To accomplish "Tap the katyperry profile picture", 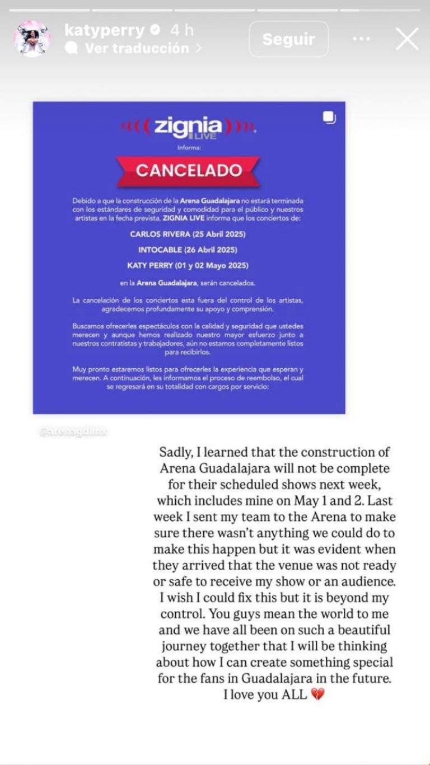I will (x=32, y=39).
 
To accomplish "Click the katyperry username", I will (x=104, y=30).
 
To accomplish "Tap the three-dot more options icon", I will (x=361, y=39).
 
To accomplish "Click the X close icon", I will (x=407, y=39).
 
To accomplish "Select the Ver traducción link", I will (x=137, y=49).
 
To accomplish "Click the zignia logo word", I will (x=188, y=126).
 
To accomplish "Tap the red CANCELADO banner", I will (x=189, y=170).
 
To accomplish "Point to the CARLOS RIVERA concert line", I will (x=189, y=234).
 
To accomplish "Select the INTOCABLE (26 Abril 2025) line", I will (x=189, y=249).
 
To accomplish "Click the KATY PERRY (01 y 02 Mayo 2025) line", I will (x=189, y=265).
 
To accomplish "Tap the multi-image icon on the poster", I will (x=329, y=118).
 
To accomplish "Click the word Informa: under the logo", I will (x=189, y=148).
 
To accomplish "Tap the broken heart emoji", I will (x=317, y=695).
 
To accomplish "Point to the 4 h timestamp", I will (x=181, y=30).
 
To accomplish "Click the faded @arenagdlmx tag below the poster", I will (x=73, y=432).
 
